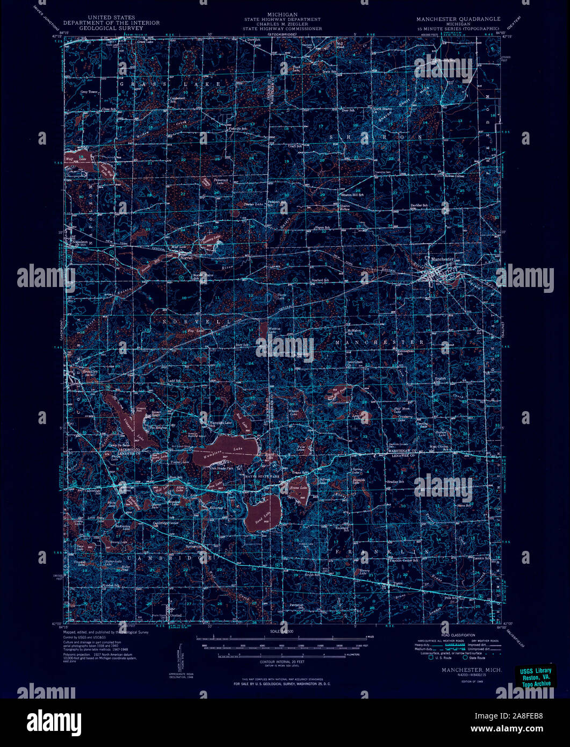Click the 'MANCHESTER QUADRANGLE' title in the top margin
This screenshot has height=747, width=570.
[x=458, y=19]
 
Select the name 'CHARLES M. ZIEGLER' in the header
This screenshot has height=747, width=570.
[x=282, y=24]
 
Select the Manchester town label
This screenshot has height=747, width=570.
[x=442, y=260]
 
